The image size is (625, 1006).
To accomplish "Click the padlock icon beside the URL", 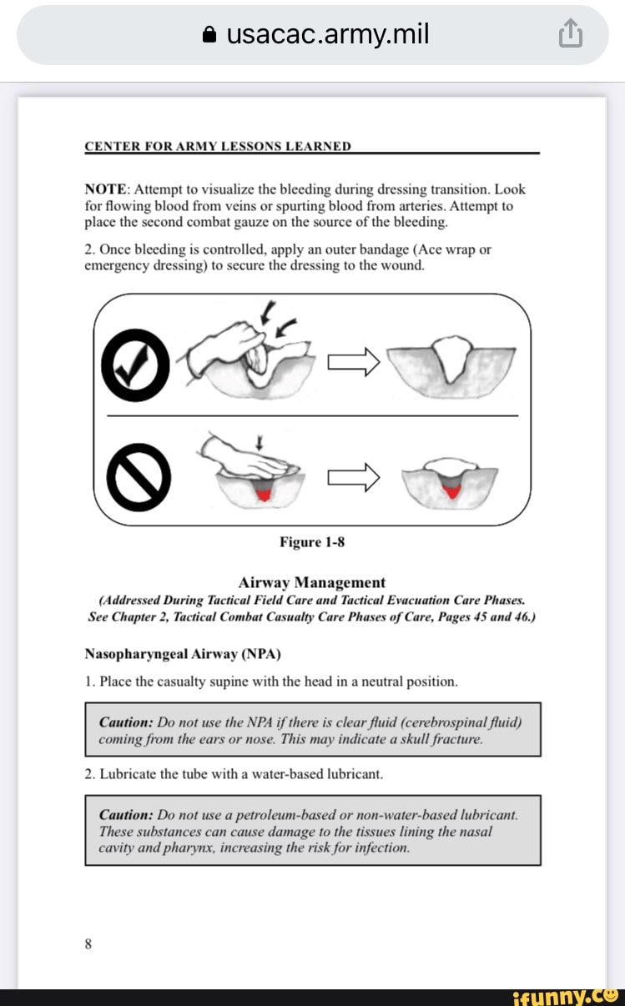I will point(210,35).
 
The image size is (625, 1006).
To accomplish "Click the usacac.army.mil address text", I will point(327,34).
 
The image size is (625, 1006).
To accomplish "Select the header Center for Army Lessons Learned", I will point(218,146).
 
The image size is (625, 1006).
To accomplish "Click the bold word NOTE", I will point(106,190).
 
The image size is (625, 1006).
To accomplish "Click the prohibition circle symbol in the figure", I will point(135,478).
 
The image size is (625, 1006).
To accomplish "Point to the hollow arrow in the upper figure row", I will point(354,361).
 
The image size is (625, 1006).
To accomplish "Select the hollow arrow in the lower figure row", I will point(354,477).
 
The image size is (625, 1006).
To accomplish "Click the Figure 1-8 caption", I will point(312,542).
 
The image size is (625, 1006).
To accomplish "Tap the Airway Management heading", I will point(312,582).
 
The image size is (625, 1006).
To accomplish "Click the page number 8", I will point(88,944).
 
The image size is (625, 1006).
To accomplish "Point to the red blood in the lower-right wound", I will point(452,491).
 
